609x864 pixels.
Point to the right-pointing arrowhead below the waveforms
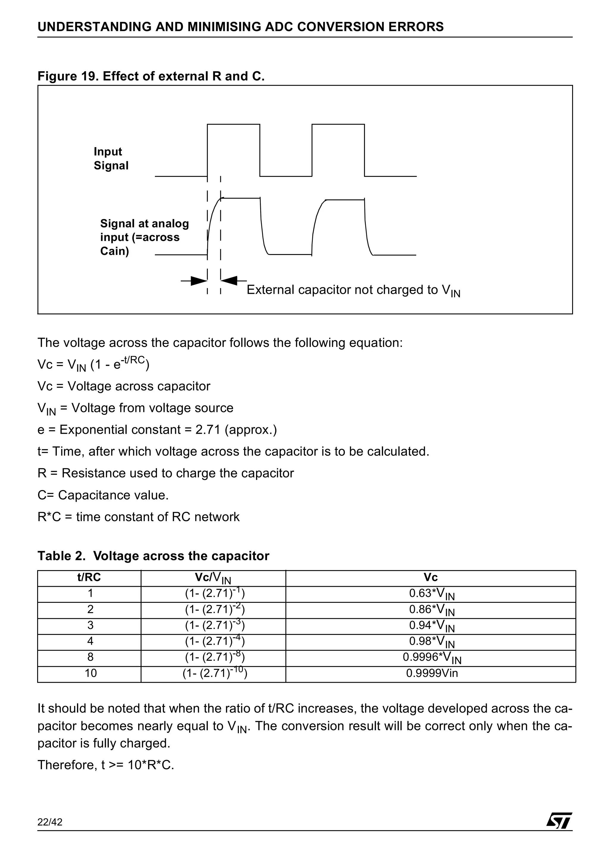[x=199, y=280]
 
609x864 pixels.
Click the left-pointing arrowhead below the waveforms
[x=229, y=280]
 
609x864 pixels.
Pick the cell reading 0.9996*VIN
[x=431, y=658]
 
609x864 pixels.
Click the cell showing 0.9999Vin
[x=431, y=673]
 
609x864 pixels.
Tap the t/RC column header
[x=89, y=578]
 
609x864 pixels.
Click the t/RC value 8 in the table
[x=90, y=657]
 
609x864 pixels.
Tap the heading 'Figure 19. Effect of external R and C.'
[x=151, y=76]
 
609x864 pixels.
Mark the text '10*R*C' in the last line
[x=151, y=765]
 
